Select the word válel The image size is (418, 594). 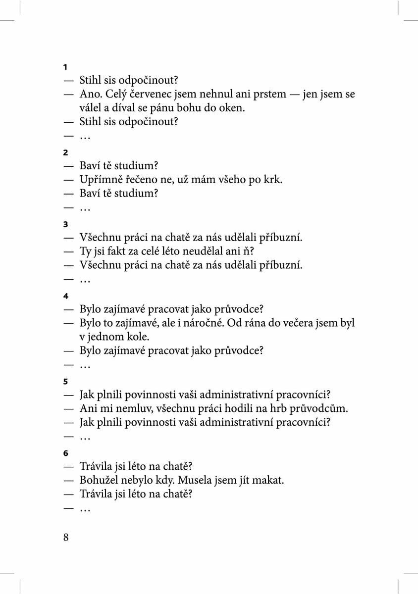click(x=91, y=107)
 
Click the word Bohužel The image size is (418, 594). click(x=100, y=480)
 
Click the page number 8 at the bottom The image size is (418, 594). click(x=66, y=538)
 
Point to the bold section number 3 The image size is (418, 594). click(x=65, y=224)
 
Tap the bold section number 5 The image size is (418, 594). click(x=65, y=382)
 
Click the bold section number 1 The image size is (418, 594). click(x=65, y=67)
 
